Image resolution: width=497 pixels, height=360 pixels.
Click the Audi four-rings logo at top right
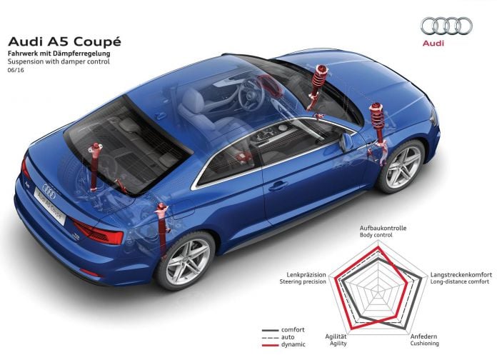pos(446,26)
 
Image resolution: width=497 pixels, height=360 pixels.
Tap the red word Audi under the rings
pos(433,43)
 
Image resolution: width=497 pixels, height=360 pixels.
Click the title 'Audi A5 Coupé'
pos(64,41)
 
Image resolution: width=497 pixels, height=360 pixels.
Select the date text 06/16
pos(16,70)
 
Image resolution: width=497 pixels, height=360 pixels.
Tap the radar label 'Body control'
pos(376,235)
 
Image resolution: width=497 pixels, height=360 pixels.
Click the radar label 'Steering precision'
pos(303,281)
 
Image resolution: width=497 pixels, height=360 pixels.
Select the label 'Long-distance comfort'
pos(460,281)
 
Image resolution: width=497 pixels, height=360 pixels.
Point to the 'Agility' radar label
pos(338,344)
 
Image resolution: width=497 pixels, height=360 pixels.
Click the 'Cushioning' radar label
pos(424,344)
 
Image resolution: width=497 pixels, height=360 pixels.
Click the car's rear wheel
pos(186,261)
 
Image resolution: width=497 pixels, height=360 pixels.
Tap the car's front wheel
pos(402,166)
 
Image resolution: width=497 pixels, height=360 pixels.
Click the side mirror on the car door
pos(346,141)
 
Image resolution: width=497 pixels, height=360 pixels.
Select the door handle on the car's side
pos(278,186)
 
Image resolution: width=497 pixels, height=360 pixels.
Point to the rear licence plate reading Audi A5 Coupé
pos(50,205)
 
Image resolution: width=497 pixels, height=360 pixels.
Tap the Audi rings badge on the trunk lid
pos(49,191)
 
